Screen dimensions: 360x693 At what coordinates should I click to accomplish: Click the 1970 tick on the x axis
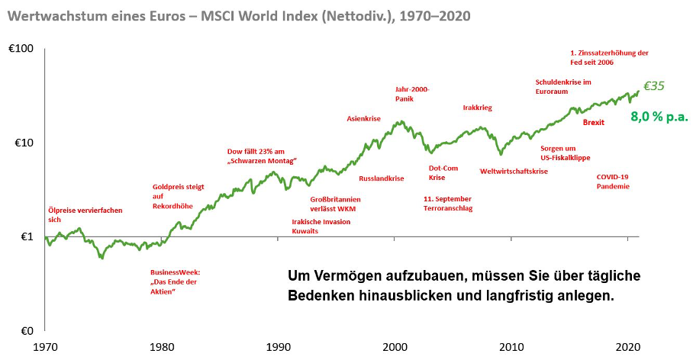point(45,346)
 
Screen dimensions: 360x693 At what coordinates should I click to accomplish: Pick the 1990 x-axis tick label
point(278,346)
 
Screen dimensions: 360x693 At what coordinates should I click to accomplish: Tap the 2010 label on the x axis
point(511,346)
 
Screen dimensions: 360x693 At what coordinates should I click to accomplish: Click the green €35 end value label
point(654,86)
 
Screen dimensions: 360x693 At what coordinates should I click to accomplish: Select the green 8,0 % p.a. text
point(659,117)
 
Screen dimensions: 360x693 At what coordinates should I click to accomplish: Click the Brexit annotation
point(594,122)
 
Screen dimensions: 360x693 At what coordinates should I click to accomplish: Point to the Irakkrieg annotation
point(477,108)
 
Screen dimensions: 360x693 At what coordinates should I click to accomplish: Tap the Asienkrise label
point(363,119)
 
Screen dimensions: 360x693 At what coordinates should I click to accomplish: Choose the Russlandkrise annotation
point(381,178)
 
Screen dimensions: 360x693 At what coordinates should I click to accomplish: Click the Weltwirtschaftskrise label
point(514,172)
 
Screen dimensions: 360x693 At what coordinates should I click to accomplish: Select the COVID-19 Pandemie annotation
point(613,181)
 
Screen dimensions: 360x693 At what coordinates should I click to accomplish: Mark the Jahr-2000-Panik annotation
point(412,94)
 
